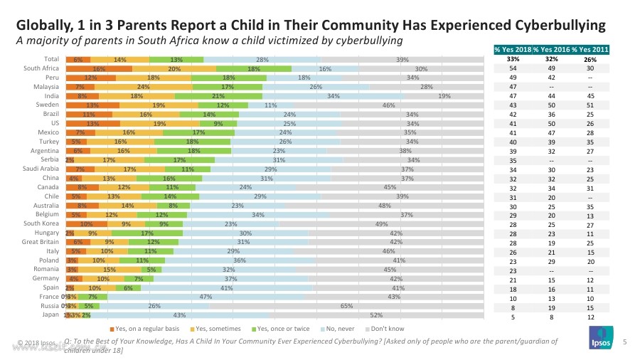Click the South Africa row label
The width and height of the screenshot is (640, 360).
41,68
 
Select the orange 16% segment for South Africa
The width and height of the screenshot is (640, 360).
99,68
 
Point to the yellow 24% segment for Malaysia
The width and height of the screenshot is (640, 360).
143,87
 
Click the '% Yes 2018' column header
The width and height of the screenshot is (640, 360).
512,48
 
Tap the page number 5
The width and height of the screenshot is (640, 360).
624,343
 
